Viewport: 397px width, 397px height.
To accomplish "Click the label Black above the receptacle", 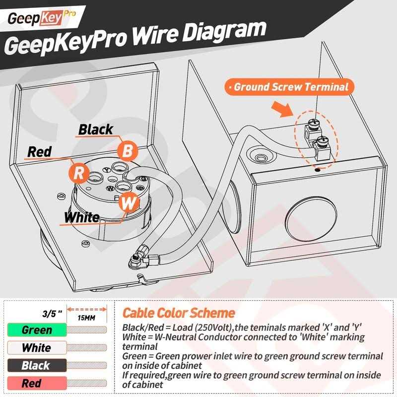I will tap(96, 130).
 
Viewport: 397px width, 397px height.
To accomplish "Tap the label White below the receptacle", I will tap(82, 217).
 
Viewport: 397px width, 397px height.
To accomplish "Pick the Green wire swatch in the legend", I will tap(37, 330).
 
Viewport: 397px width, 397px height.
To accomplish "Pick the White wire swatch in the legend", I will tap(37, 348).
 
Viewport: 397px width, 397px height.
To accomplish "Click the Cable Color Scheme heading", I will tap(179, 313).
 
